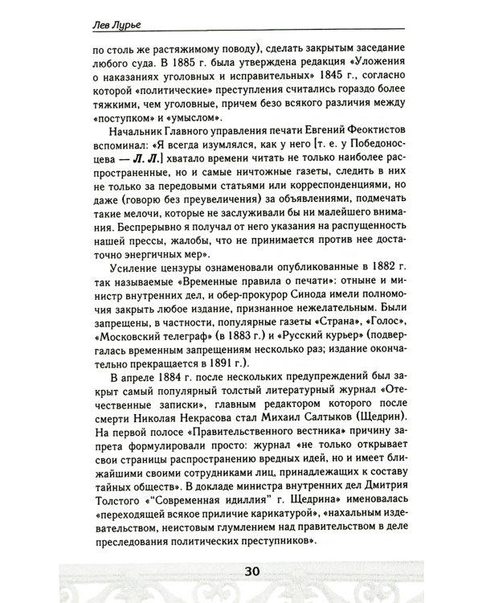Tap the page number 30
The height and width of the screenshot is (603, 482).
click(x=241, y=573)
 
